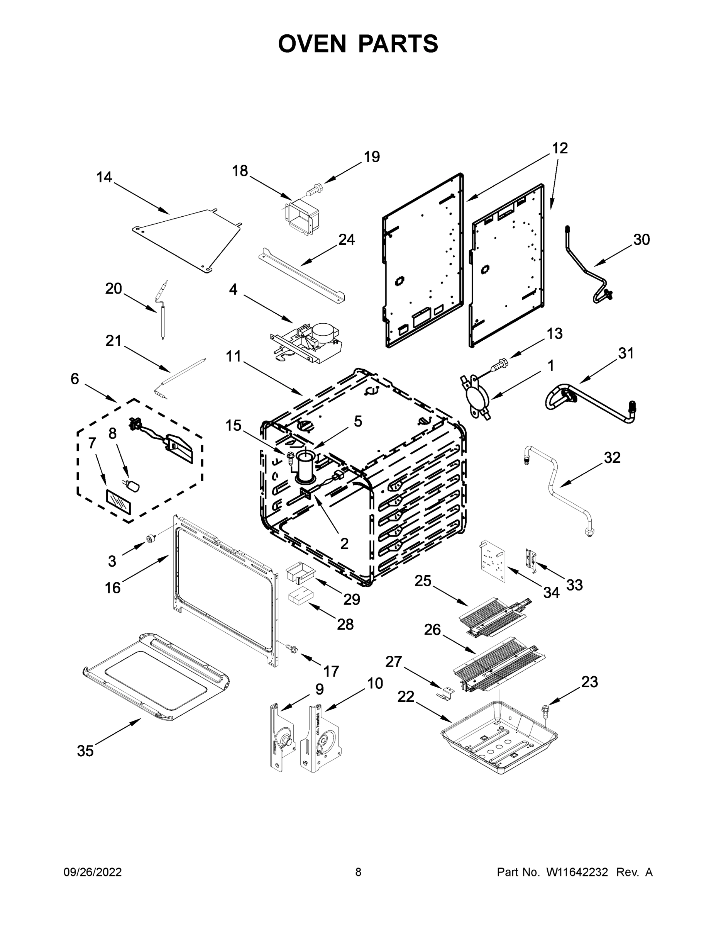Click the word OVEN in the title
[312, 44]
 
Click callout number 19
[372, 157]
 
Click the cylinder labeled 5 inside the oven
[305, 468]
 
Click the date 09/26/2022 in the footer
[93, 872]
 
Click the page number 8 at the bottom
[358, 872]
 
